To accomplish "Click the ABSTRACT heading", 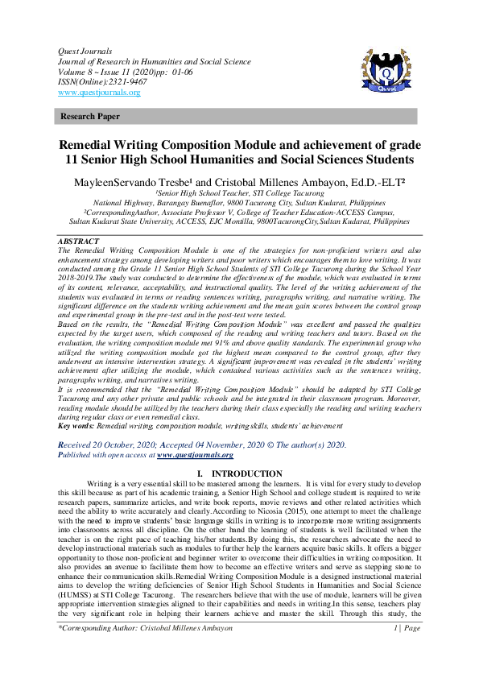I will pyautogui.click(x=79, y=242).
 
